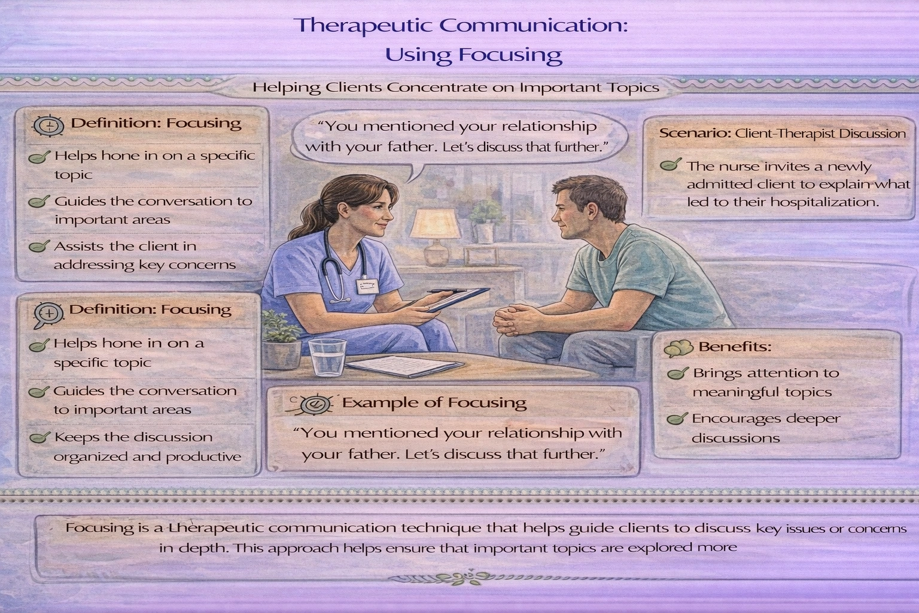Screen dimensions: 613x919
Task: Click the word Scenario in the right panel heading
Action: (x=694, y=133)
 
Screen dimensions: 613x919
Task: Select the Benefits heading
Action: (x=735, y=347)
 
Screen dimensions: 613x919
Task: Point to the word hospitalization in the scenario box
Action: (x=826, y=202)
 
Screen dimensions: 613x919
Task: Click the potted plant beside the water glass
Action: (x=279, y=341)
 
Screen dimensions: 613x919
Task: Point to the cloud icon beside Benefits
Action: (x=678, y=347)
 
